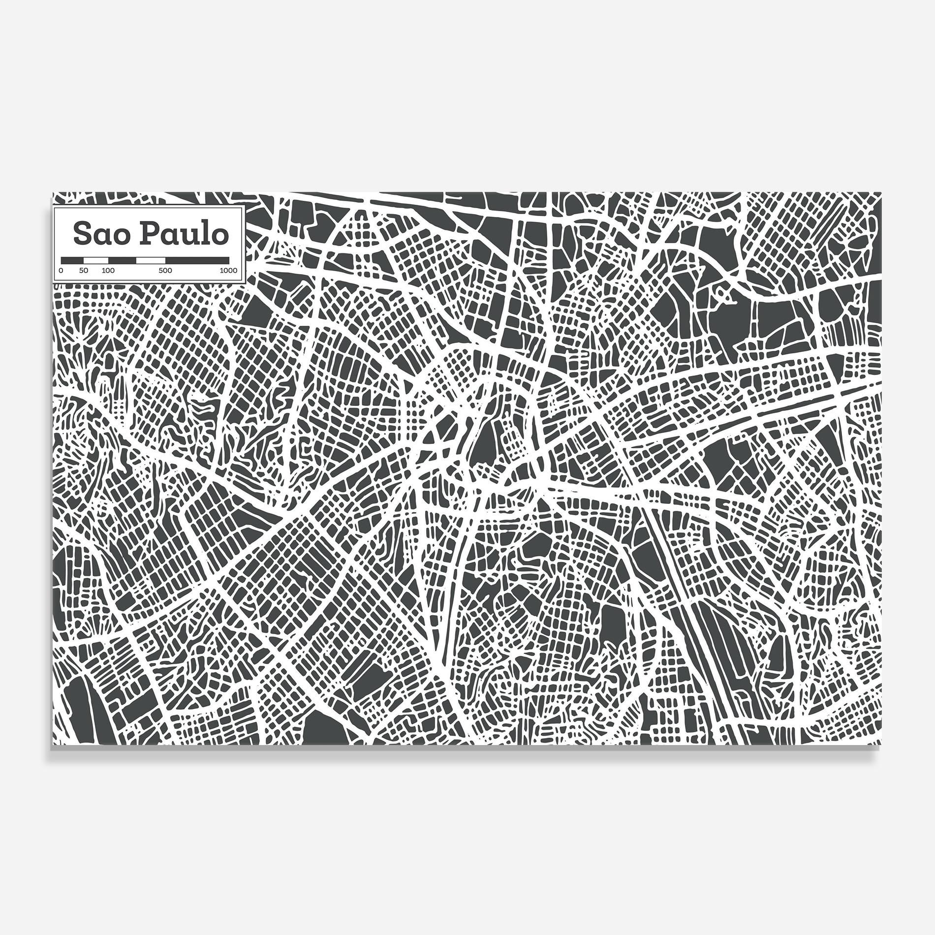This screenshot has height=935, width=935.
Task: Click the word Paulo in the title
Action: click(183, 234)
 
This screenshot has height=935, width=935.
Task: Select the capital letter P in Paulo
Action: click(146, 234)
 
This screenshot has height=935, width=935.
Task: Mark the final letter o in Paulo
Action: click(219, 236)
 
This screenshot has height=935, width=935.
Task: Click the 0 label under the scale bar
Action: click(61, 271)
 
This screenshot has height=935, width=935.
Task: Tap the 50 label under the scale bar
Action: click(84, 271)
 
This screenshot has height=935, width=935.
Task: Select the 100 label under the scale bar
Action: click(108, 271)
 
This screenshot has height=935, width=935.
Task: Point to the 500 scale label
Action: click(165, 271)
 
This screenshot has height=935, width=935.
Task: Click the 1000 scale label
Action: click(228, 271)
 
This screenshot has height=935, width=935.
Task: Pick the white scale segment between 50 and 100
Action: click(96, 259)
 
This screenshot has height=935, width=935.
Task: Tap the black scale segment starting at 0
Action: click(72, 259)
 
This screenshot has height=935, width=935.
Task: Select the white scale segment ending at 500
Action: click(151, 259)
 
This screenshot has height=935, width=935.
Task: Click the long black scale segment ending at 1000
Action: click(197, 259)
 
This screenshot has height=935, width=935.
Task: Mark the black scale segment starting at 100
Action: click(122, 259)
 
